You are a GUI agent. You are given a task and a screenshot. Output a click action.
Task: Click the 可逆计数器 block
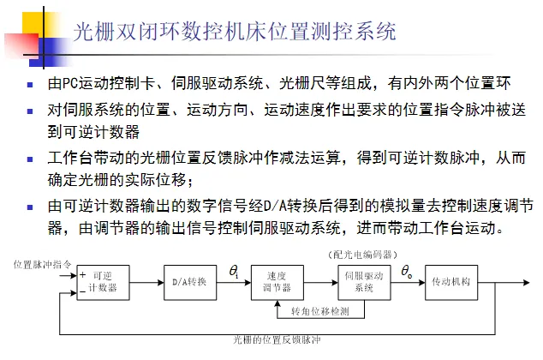tap(101, 282)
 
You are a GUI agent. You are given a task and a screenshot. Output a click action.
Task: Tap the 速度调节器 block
tap(277, 282)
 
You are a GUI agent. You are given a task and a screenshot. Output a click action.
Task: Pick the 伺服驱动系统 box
tap(364, 282)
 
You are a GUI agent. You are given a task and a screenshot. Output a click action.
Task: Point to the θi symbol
tap(234, 271)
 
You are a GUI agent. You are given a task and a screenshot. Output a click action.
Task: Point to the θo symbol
tap(407, 271)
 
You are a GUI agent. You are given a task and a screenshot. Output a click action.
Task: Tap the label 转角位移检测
tap(319, 310)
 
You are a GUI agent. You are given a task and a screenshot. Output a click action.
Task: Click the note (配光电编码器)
tap(359, 255)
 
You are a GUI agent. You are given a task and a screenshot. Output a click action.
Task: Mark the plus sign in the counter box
tap(82, 276)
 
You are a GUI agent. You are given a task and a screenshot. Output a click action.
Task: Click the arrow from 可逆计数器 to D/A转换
tap(146, 282)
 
